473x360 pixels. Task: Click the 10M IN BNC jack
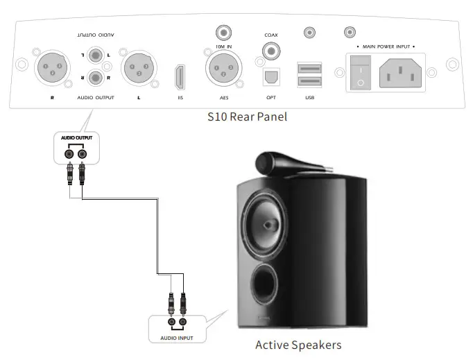tap(224, 32)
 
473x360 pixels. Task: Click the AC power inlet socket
tap(400, 71)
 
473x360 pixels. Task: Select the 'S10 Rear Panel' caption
tap(247, 117)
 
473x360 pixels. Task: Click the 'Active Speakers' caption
tap(298, 344)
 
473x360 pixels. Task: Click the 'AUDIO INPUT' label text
tap(176, 337)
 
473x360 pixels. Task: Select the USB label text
tap(309, 98)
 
